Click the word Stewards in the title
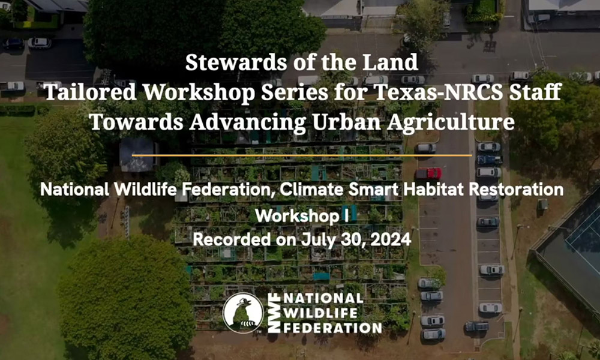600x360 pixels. (235, 62)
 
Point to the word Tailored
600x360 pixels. (90, 92)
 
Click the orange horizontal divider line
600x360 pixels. (302, 155)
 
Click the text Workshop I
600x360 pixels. (302, 217)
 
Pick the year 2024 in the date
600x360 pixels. (391, 240)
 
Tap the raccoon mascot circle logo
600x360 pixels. (243, 313)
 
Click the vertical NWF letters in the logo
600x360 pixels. (274, 313)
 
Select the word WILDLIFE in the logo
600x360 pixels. (320, 313)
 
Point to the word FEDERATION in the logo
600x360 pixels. (332, 328)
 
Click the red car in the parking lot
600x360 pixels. (428, 173)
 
